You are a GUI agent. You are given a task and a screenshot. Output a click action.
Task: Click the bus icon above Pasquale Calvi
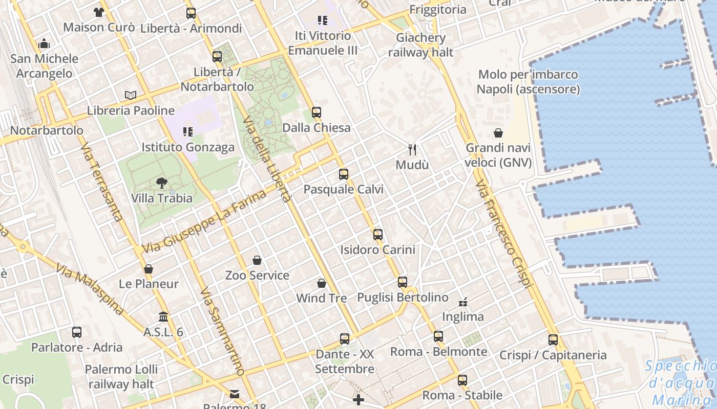344,174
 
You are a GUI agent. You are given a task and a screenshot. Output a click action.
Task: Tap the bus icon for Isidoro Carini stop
378,235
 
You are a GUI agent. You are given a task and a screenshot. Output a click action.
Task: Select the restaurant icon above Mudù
412,149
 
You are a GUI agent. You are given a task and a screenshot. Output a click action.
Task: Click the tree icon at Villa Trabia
161,183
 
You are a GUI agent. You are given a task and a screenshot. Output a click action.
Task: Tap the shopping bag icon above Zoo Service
257,260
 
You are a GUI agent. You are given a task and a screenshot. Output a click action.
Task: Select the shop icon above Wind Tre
322,283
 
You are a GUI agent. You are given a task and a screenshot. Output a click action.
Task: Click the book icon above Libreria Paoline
131,95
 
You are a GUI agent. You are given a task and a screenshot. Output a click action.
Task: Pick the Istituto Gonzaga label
188,147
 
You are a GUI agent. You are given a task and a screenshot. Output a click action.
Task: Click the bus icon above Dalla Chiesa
317,112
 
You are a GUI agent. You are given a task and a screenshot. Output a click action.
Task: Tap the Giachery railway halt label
420,45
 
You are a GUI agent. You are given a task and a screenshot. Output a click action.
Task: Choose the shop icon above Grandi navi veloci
498,133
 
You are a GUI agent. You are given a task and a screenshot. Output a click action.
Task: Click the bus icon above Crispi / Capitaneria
553,340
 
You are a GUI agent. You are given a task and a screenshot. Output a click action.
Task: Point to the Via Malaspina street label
90,289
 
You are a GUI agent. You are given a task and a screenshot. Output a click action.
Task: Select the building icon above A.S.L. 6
163,317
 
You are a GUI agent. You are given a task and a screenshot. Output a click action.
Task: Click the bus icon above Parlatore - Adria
77,332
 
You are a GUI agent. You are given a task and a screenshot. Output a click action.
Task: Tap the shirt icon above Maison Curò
99,12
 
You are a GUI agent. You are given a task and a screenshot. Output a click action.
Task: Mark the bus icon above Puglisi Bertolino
403,282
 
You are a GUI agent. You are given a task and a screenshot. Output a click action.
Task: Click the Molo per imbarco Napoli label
528,82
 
